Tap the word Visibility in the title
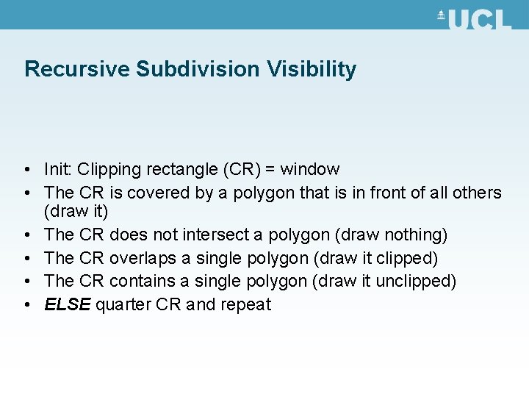(312, 70)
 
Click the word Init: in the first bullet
(58, 170)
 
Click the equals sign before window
(270, 170)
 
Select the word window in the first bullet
(310, 170)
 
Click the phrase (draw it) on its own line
(76, 212)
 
